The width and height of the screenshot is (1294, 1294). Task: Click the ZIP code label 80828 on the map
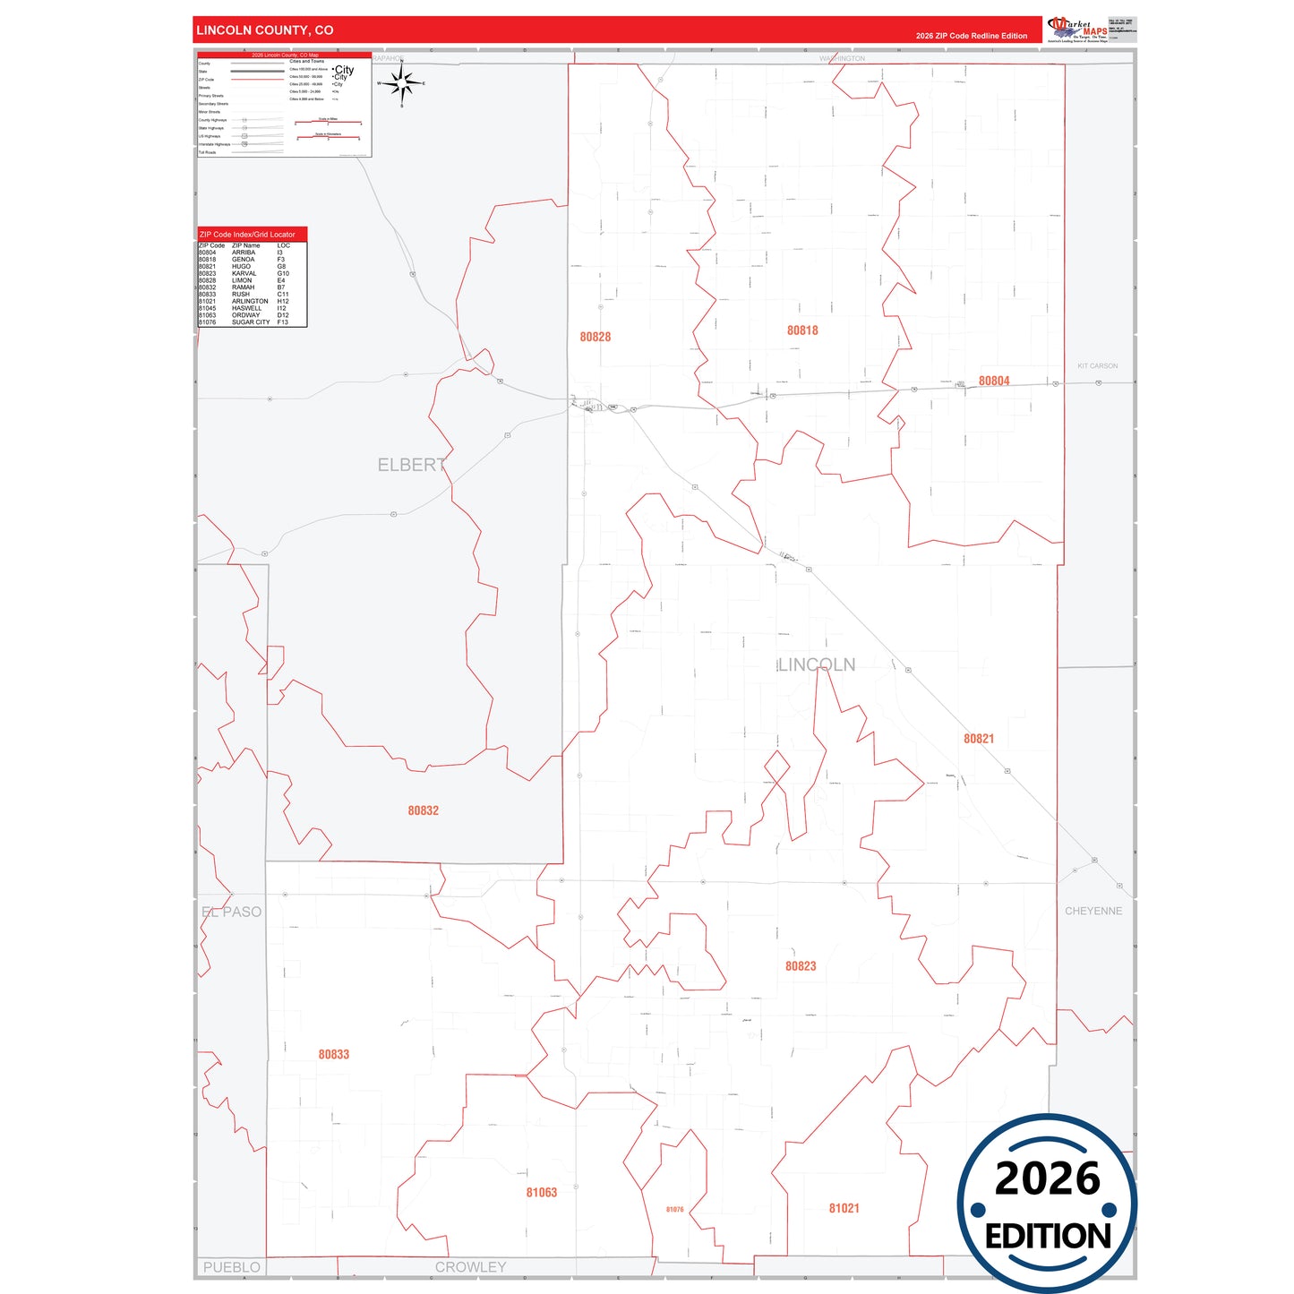595,337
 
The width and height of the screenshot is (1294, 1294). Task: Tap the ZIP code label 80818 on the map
802,330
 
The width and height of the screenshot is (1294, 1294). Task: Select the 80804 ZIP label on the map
994,381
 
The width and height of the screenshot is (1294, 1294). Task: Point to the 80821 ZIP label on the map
979,739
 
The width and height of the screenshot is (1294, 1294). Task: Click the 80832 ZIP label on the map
424,810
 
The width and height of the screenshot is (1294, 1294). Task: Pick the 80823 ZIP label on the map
801,966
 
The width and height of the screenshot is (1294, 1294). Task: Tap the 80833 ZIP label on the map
334,1054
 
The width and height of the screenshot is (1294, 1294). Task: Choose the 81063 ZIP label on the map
542,1192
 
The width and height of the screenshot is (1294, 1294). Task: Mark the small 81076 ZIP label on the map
674,1209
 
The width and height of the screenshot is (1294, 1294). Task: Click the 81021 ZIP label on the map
844,1208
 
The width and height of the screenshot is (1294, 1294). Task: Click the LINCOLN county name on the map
817,664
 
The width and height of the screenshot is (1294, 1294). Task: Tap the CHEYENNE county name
1093,911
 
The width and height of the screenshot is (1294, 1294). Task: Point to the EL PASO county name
232,912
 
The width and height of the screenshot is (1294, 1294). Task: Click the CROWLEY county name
470,1267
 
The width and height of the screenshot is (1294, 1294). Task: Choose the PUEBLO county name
231,1267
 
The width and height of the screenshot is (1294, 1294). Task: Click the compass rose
401,83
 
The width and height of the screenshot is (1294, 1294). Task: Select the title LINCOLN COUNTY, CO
265,30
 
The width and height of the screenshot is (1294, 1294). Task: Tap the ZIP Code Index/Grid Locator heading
247,235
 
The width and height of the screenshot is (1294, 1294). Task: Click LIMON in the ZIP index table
242,280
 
